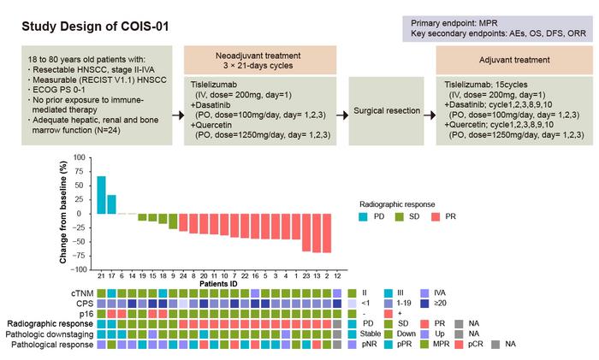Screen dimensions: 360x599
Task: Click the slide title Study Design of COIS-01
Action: click(95, 26)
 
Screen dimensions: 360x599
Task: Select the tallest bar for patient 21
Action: click(101, 195)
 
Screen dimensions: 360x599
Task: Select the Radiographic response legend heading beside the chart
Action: click(399, 204)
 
